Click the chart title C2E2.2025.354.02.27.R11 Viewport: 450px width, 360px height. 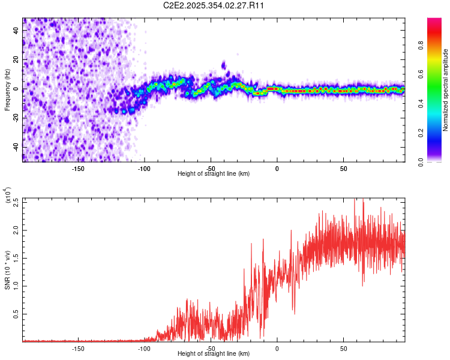214,5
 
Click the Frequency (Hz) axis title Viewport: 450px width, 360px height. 8,89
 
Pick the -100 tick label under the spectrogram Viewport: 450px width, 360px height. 144,169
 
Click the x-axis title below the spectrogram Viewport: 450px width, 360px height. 214,174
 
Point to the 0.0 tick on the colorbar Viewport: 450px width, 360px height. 436,161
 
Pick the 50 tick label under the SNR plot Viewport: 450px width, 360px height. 343,348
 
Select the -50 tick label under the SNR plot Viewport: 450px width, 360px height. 210,348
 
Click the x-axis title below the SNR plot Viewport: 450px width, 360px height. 214,354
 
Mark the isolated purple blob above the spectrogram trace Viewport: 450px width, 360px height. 224,65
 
